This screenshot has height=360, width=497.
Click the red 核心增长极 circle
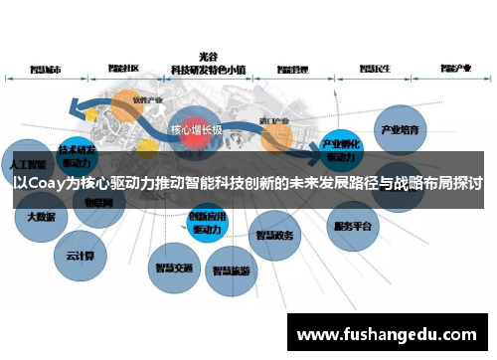pos(195,130)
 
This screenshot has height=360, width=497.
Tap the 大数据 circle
pos(40,216)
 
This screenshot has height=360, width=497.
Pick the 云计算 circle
pos(81,256)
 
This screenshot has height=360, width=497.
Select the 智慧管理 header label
pos(290,70)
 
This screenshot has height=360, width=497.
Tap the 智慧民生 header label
pos(372,70)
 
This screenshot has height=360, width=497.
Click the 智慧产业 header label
pos(455,70)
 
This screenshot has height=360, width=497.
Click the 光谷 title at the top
pos(208,58)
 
